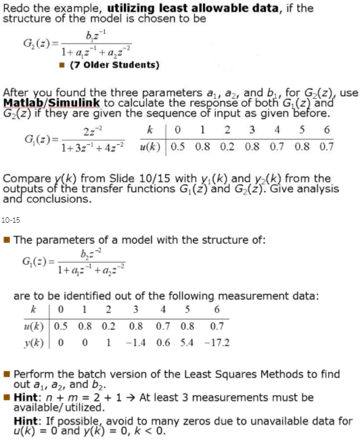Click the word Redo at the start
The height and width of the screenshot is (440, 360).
point(15,7)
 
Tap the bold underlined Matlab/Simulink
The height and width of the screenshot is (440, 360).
point(51,102)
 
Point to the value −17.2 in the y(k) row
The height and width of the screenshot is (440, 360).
point(216,343)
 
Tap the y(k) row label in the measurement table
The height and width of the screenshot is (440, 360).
point(33,343)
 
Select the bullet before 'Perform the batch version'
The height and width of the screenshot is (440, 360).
point(7,374)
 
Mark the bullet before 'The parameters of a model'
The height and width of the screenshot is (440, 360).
point(7,240)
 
